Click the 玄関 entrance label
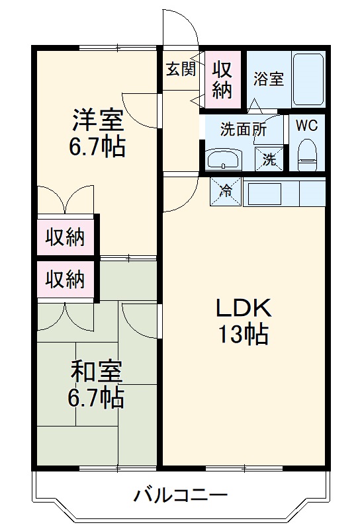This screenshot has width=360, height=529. [x=181, y=68]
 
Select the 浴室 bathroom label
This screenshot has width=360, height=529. [x=268, y=79]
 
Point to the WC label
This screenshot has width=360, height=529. [x=306, y=126]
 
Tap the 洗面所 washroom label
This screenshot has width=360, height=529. [x=244, y=129]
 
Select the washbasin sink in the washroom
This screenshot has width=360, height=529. [x=226, y=158]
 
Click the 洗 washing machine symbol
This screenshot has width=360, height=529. [x=269, y=159]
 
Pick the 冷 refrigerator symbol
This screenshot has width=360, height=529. [x=226, y=192]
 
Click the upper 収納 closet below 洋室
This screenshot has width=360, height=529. [x=65, y=237]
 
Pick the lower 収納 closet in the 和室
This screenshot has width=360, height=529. [x=65, y=280]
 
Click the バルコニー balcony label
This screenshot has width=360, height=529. [x=181, y=495]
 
